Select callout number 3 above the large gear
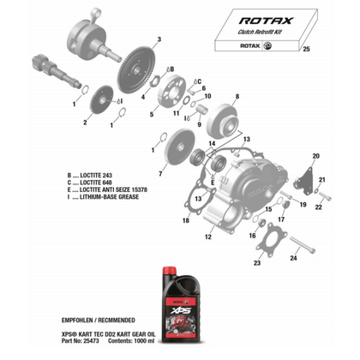[x=158, y=39]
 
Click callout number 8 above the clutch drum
[x=237, y=97]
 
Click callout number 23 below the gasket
[x=257, y=264]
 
